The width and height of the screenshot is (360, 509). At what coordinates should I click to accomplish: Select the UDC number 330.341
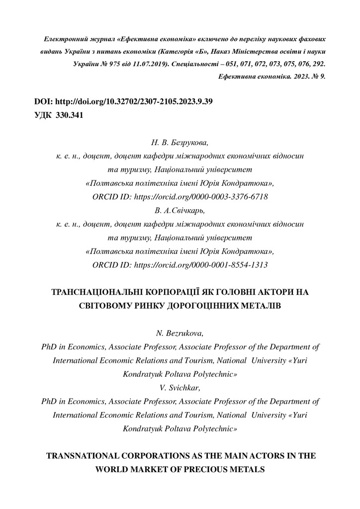[72, 115]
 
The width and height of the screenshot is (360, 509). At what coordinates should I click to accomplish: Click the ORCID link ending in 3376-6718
[201, 197]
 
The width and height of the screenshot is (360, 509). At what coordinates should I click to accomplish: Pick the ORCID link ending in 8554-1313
[201, 265]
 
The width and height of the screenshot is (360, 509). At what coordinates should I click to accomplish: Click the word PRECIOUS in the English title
[200, 469]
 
